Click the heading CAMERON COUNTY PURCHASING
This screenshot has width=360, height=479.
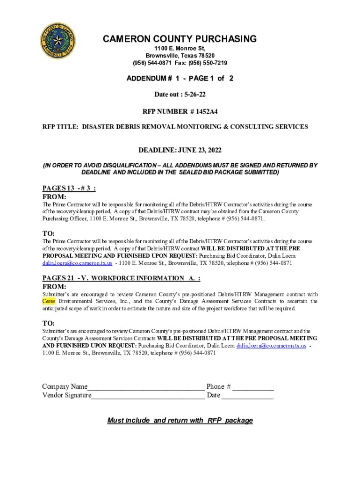tap(180, 39)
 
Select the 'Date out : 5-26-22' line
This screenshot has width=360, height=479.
tap(180, 94)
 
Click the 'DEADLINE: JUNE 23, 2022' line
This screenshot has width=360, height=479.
tap(180, 150)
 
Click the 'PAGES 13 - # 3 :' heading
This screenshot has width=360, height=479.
tap(69, 188)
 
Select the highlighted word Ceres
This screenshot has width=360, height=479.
tap(49, 301)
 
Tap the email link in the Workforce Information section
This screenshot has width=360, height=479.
tap(271, 346)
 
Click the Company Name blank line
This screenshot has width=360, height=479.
tap(146, 387)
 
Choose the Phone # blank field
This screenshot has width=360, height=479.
tap(253, 387)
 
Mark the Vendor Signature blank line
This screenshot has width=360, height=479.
tap(148, 396)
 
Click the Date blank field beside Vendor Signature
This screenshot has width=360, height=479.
tap(247, 396)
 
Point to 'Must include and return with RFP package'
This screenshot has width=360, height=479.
tap(180, 420)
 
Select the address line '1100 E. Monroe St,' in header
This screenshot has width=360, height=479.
tap(180, 49)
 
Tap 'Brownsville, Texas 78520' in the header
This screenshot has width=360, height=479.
tap(180, 56)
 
